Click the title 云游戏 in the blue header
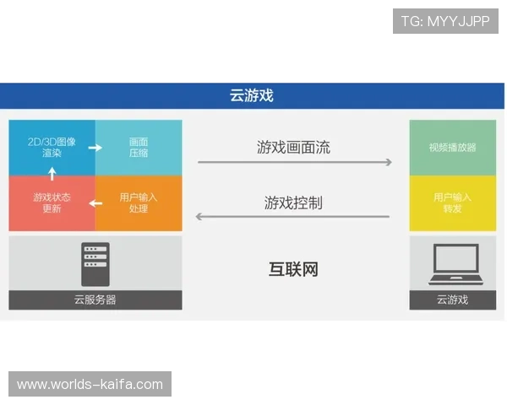tap(252, 95)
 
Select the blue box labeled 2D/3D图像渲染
tap(51, 148)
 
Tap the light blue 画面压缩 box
tap(139, 148)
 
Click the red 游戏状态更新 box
tap(52, 203)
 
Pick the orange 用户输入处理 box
tap(139, 203)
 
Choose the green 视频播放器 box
tap(452, 148)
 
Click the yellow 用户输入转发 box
tap(452, 203)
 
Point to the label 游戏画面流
tap(293, 148)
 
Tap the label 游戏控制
tap(293, 202)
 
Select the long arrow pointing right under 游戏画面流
tap(295, 162)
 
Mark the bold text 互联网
tap(293, 270)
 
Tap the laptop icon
tap(452, 264)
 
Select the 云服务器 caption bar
tap(95, 300)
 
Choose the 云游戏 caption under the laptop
tap(452, 300)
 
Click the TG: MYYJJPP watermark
tap(445, 21)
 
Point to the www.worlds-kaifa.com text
tap(90, 385)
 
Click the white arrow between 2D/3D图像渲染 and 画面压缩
tap(95, 148)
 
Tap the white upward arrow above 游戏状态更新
tap(52, 174)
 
